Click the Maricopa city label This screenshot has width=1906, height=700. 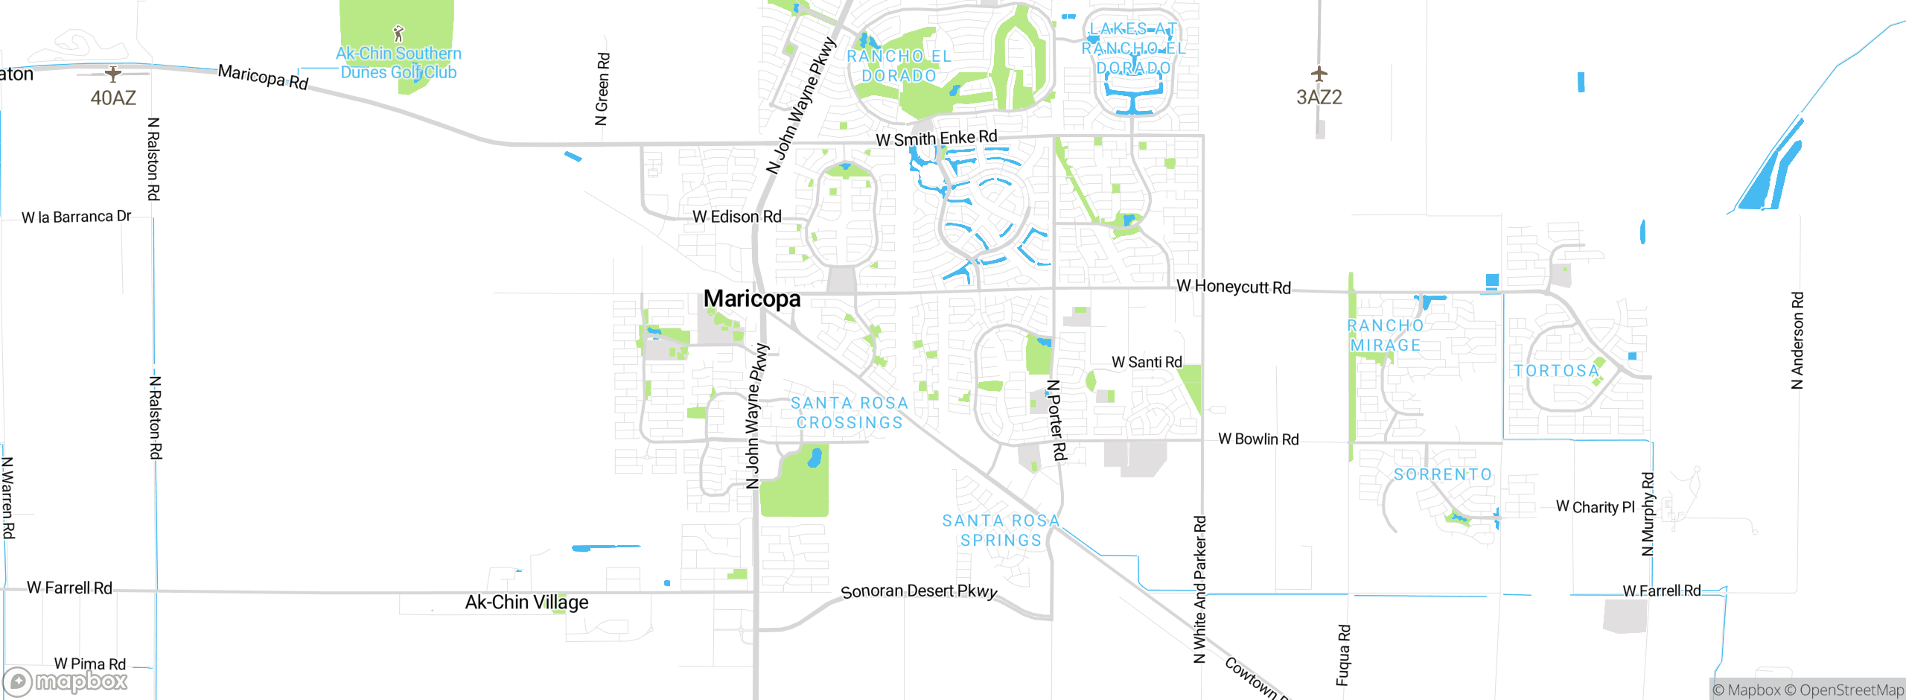pyautogui.click(x=752, y=299)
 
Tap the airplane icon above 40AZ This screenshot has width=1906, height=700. pyautogui.click(x=112, y=74)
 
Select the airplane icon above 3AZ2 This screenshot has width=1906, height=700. pyautogui.click(x=1319, y=74)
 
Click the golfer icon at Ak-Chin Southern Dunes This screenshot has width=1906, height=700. pyautogui.click(x=398, y=34)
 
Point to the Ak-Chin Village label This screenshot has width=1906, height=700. pyautogui.click(x=526, y=602)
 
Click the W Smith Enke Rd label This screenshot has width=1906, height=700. pyautogui.click(x=936, y=139)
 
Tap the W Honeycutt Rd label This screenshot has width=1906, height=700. pyautogui.click(x=1233, y=287)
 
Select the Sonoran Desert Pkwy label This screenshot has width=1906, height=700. pyautogui.click(x=919, y=591)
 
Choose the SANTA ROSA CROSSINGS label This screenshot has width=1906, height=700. pyautogui.click(x=850, y=413)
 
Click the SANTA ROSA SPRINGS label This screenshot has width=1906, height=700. pyautogui.click(x=1001, y=530)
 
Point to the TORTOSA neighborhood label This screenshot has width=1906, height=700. pyautogui.click(x=1556, y=371)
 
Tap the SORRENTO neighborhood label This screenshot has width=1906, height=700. pyautogui.click(x=1443, y=474)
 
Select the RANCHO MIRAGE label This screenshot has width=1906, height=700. pyautogui.click(x=1386, y=335)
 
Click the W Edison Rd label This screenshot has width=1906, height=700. pyautogui.click(x=736, y=217)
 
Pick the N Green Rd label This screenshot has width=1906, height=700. pyautogui.click(x=602, y=89)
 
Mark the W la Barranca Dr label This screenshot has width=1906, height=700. pyautogui.click(x=76, y=217)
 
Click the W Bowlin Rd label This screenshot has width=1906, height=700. pyautogui.click(x=1258, y=439)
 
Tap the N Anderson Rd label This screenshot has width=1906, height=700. pyautogui.click(x=1797, y=340)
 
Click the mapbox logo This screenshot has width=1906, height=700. pyautogui.click(x=66, y=681)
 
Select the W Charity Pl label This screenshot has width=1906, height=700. pyautogui.click(x=1595, y=507)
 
